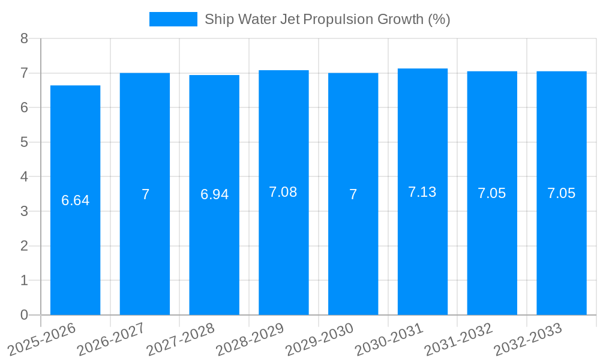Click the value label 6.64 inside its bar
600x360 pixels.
click(75, 200)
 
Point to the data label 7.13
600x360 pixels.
click(422, 192)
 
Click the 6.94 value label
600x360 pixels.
click(214, 194)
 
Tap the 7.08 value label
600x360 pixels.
click(283, 192)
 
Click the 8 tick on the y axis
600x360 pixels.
click(25, 38)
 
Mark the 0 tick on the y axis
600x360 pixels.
click(25, 315)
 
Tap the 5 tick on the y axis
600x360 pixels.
click(25, 142)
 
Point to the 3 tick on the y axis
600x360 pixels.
click(25, 211)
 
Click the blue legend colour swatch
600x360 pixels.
click(173, 19)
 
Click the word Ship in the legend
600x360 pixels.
click(217, 19)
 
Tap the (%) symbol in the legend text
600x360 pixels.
click(439, 19)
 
